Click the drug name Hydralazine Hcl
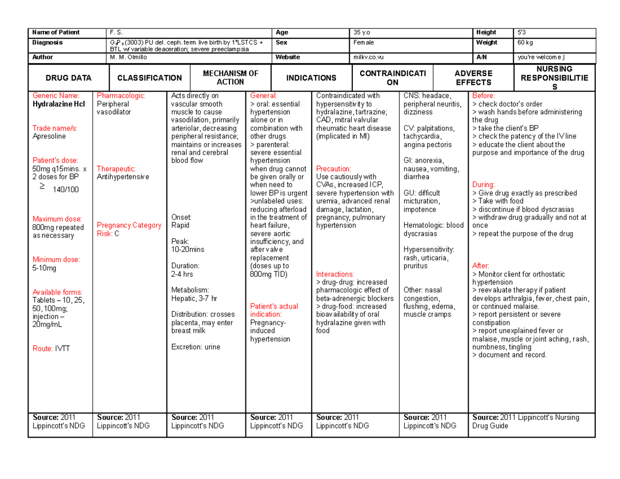(57, 104)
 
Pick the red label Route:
(43, 349)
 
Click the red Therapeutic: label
(116, 169)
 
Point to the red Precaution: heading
(333, 169)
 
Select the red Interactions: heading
(335, 274)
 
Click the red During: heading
(483, 184)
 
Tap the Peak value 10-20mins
(188, 250)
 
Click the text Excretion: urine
(195, 347)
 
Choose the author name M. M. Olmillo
(128, 57)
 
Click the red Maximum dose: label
(56, 219)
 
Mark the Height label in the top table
(487, 32)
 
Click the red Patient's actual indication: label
(273, 310)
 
